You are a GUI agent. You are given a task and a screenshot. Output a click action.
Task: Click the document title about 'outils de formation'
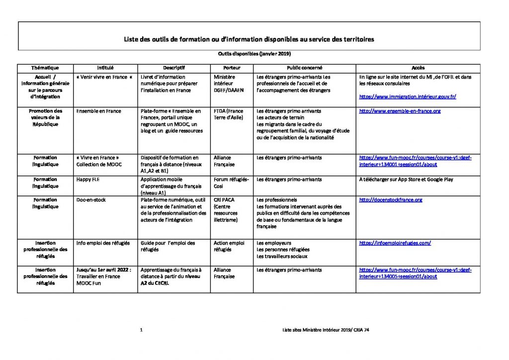point(249,38)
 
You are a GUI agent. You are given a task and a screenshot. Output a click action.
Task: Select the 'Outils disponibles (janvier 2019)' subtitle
point(254,54)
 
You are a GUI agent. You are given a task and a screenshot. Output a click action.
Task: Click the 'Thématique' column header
point(45,68)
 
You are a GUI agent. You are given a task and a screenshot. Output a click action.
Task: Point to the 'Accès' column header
point(418,68)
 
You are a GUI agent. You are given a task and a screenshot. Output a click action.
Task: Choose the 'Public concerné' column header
point(304,68)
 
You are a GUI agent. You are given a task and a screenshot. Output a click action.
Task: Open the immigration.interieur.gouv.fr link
point(407,97)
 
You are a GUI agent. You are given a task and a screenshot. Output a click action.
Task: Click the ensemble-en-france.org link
point(400,111)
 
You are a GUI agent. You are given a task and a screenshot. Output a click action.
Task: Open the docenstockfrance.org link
point(390,200)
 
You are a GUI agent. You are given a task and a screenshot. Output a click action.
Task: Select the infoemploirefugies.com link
point(395,243)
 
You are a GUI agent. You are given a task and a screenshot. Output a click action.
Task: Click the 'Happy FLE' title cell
point(87,180)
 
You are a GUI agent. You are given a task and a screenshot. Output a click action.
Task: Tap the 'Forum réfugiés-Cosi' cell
point(231,182)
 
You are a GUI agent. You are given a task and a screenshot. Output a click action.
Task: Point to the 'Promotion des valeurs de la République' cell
point(45,117)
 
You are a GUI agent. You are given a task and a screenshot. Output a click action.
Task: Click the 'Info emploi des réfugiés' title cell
point(103,243)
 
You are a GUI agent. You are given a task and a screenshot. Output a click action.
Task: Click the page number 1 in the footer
point(142,330)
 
